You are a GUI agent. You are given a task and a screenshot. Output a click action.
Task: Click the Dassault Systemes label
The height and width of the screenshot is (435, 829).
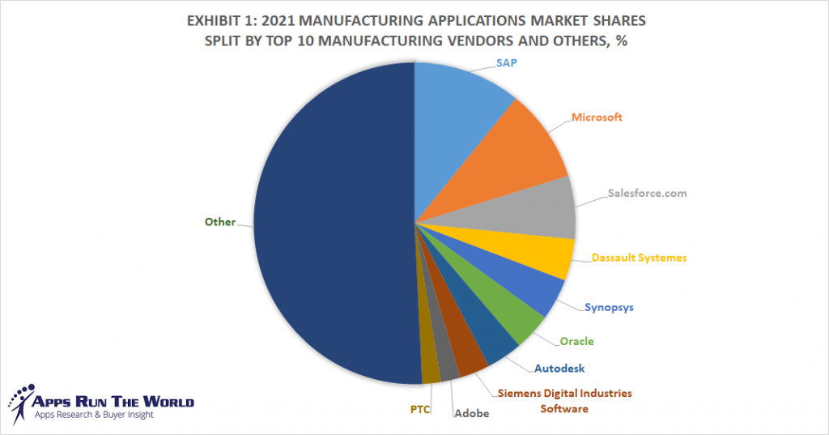(640, 258)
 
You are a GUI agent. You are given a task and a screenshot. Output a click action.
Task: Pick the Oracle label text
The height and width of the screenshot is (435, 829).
(576, 341)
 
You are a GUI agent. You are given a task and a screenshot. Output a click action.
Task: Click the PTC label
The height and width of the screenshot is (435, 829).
(419, 408)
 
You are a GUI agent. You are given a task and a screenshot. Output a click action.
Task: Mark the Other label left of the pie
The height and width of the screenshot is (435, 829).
(219, 222)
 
